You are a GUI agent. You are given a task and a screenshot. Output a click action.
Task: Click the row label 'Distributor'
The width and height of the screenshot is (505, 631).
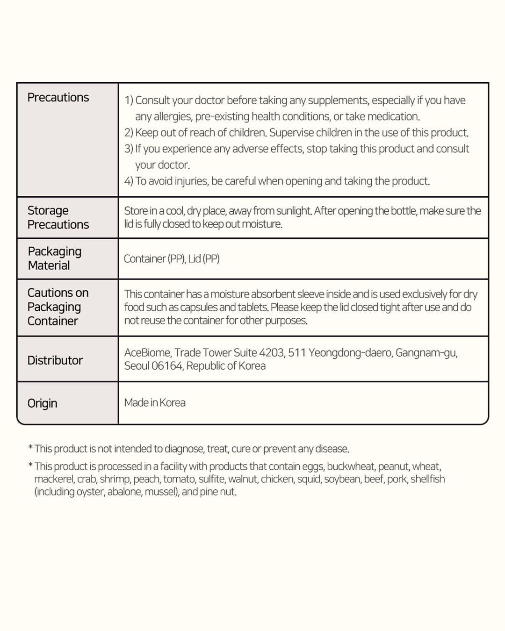(x=55, y=360)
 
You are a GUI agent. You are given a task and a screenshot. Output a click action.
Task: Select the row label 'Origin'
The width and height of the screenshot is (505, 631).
(x=42, y=403)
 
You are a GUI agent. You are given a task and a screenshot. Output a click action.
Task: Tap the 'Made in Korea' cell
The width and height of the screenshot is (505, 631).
(x=155, y=402)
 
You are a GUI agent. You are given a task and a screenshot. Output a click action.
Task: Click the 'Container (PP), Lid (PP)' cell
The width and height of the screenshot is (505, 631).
(x=172, y=258)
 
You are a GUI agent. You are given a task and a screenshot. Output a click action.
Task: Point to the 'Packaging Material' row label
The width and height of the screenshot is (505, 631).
(x=54, y=258)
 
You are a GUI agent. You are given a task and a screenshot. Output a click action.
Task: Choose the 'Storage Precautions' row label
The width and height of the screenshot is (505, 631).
(x=58, y=217)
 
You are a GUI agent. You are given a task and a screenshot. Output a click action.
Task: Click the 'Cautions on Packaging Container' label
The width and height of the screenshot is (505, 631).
(x=58, y=307)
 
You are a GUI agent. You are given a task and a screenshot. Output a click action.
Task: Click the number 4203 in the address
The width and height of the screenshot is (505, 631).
(x=271, y=353)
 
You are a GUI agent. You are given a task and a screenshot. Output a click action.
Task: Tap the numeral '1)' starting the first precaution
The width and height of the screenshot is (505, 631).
(x=129, y=100)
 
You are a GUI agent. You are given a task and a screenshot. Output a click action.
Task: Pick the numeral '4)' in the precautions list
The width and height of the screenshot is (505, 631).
(x=129, y=181)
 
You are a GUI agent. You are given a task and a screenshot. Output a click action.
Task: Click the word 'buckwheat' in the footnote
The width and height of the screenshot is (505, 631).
(x=351, y=466)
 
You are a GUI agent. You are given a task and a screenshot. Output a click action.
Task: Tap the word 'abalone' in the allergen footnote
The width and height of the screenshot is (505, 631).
(x=124, y=492)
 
